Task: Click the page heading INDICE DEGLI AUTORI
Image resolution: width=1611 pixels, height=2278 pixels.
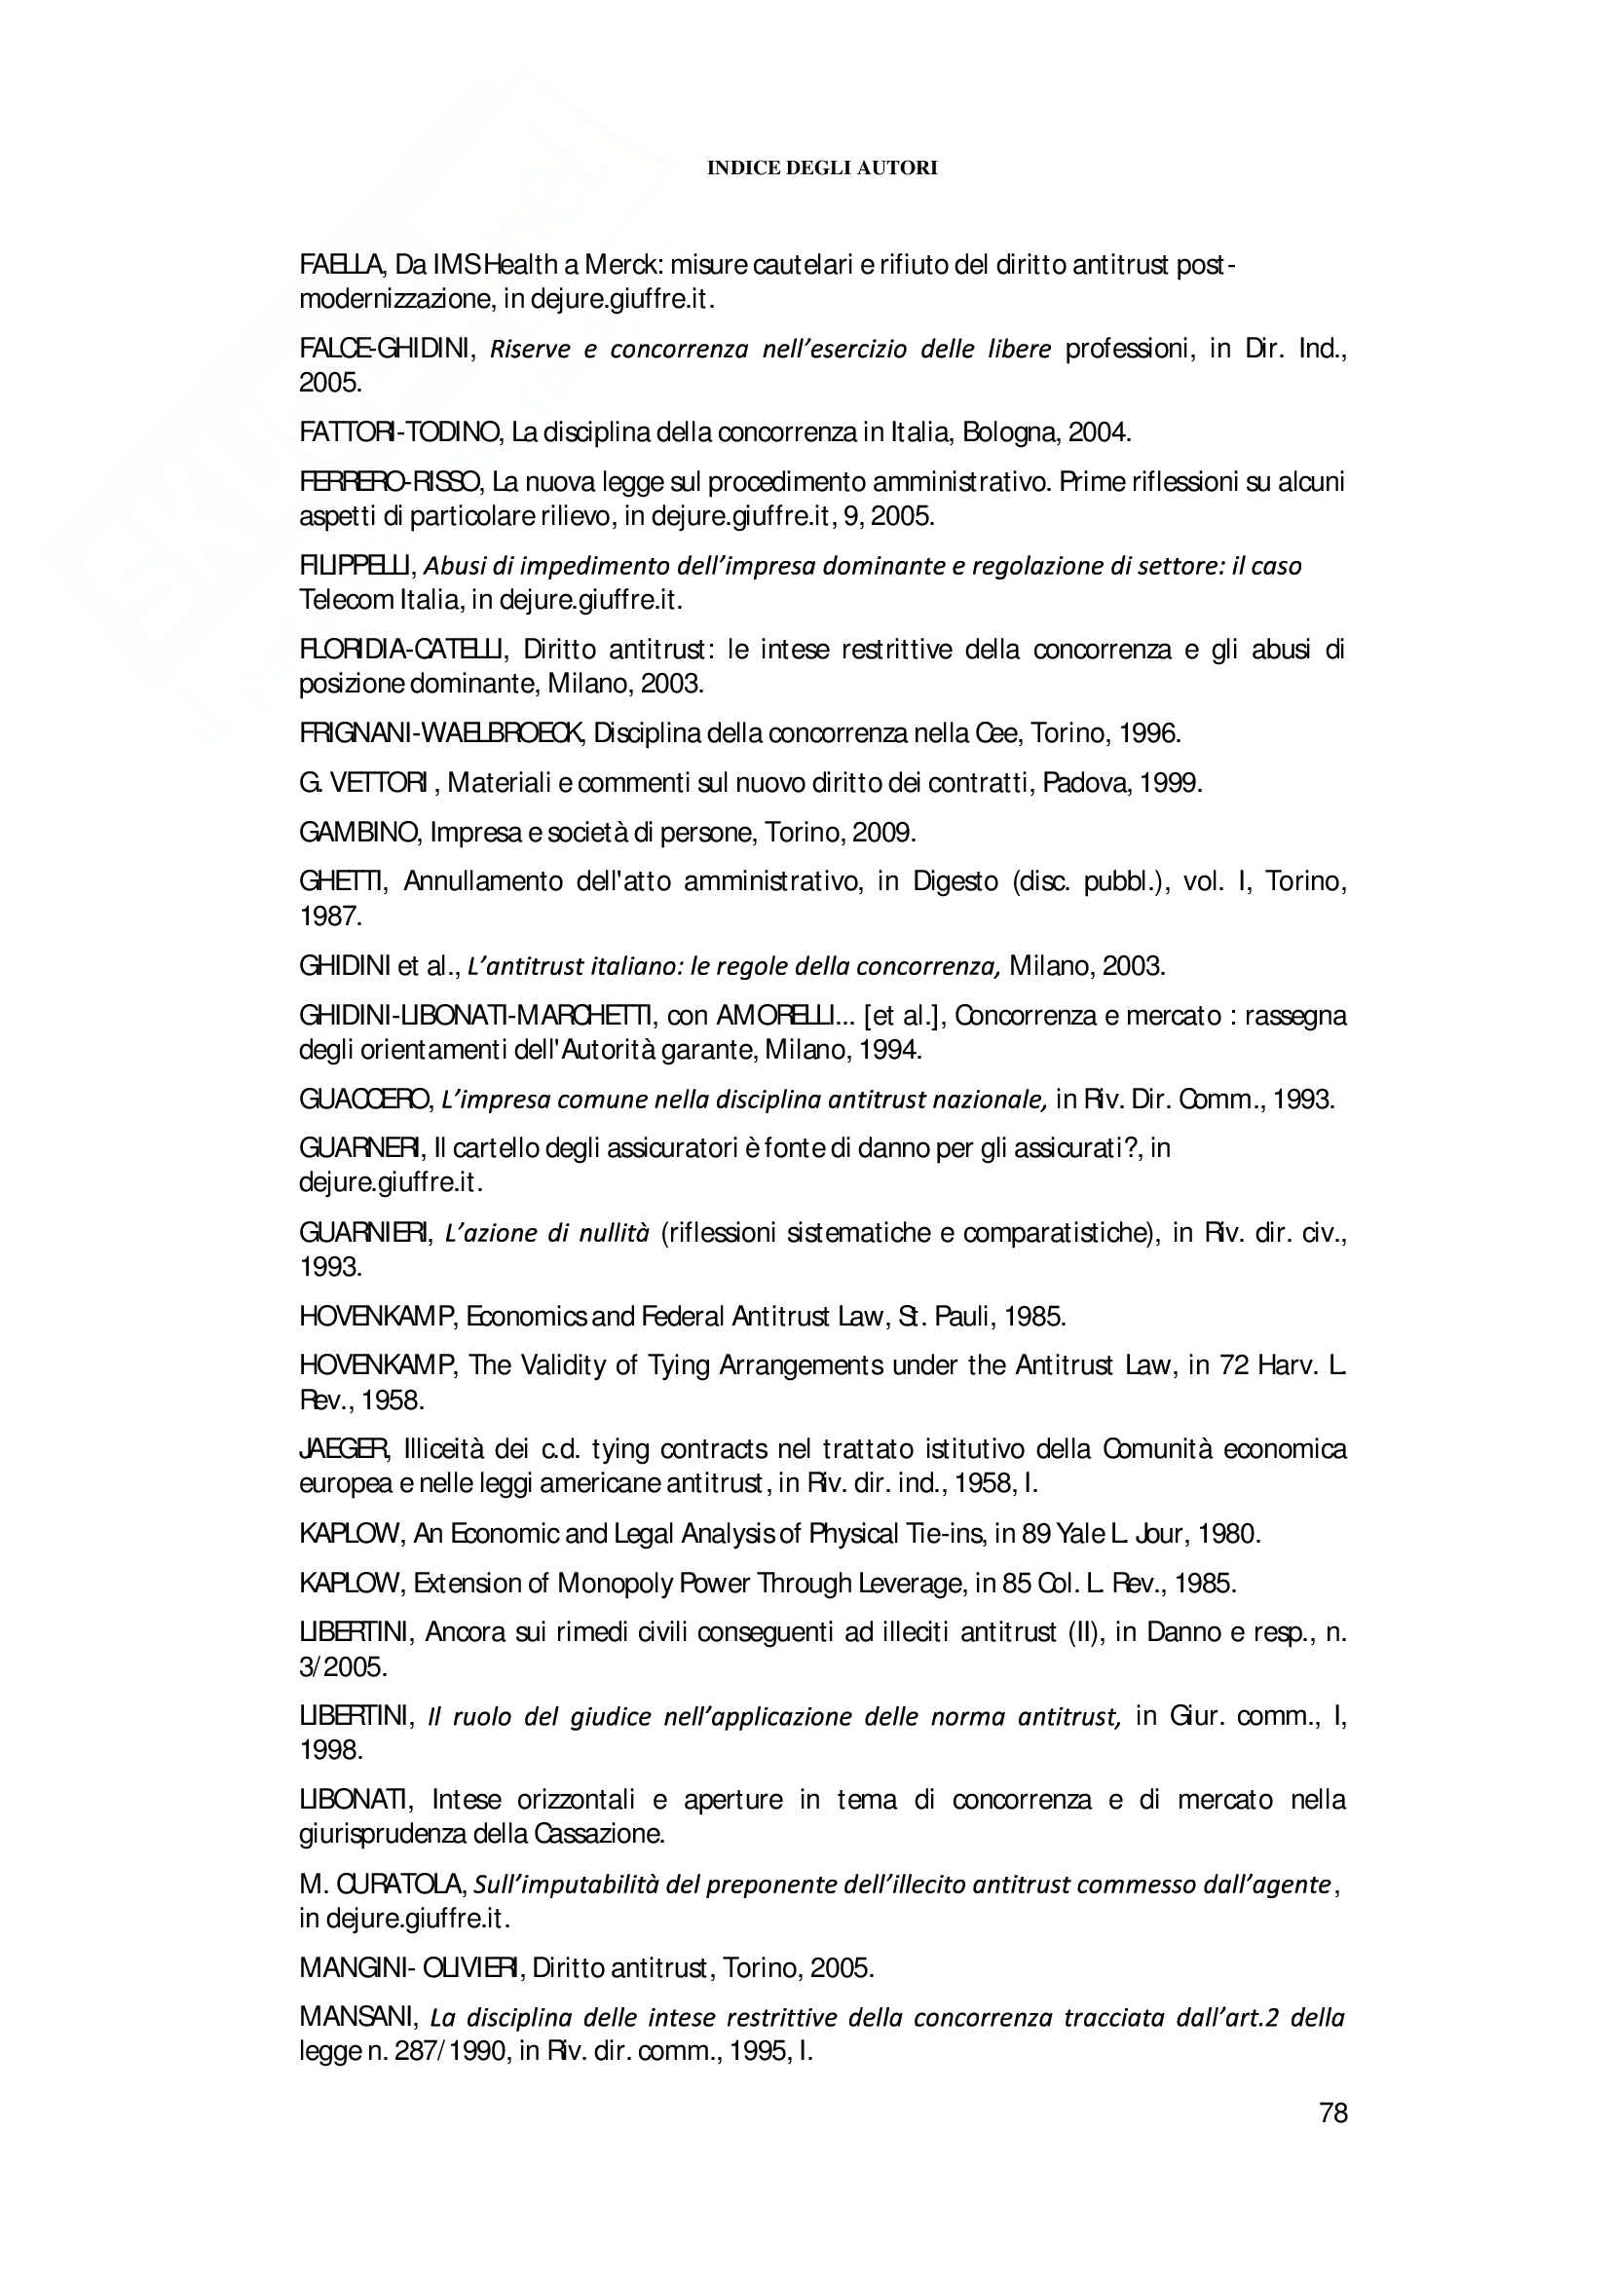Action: click(x=821, y=168)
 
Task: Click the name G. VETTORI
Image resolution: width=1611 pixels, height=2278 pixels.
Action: click(x=363, y=784)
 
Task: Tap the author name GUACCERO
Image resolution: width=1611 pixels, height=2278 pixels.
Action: click(x=364, y=1100)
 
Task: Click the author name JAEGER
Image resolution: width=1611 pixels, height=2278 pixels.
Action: click(x=344, y=1449)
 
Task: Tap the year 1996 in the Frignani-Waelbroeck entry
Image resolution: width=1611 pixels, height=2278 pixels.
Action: click(x=1149, y=734)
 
